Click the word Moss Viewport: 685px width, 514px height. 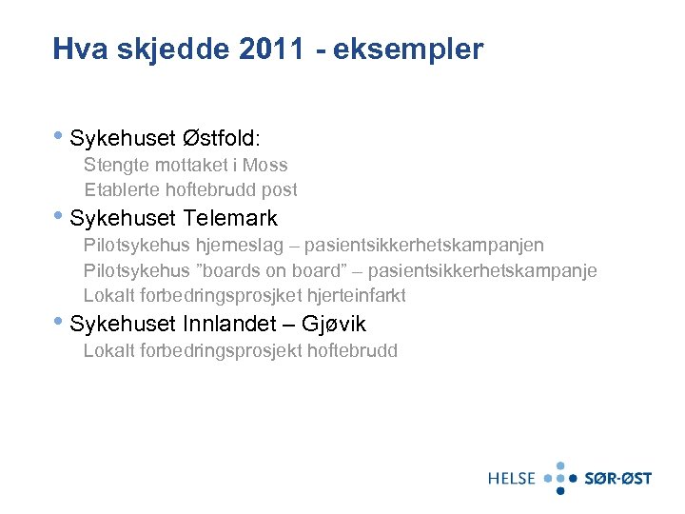click(267, 165)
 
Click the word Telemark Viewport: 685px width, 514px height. click(230, 218)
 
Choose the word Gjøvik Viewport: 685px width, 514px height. click(333, 325)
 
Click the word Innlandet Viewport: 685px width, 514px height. click(230, 325)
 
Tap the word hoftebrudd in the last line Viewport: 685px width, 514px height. click(352, 350)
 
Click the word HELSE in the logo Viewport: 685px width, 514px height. click(512, 478)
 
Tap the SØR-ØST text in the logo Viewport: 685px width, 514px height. click(617, 478)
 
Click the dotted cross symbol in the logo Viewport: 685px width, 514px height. click(560, 478)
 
